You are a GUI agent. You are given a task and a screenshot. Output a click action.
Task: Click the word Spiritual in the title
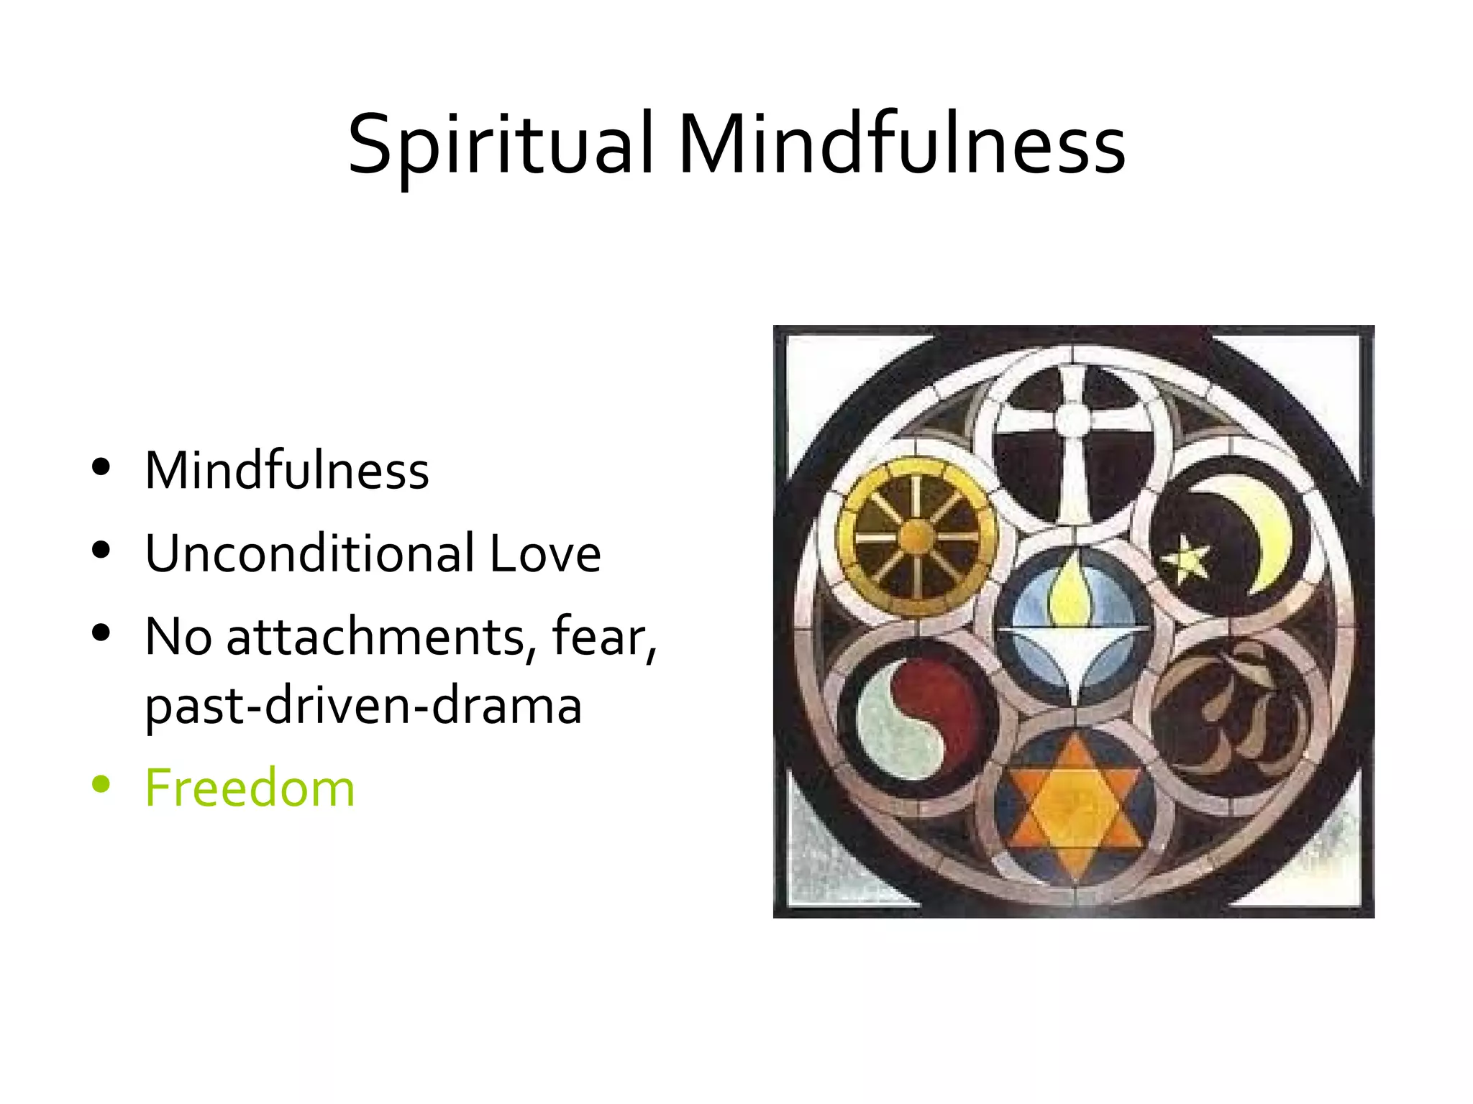501,144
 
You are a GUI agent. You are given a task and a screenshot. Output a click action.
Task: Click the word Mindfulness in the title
901,144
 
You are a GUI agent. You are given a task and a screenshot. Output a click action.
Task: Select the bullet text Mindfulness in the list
287,471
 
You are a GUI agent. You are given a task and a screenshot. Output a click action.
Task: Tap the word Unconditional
309,554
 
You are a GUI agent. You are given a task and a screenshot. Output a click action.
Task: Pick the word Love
544,554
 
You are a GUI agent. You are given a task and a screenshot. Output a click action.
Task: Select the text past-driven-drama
363,707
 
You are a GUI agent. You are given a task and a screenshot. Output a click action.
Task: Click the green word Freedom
250,788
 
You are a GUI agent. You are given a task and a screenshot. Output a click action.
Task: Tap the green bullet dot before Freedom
101,785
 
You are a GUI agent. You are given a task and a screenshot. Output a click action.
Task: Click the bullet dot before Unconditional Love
101,551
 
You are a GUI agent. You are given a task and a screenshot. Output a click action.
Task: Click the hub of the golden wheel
916,536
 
